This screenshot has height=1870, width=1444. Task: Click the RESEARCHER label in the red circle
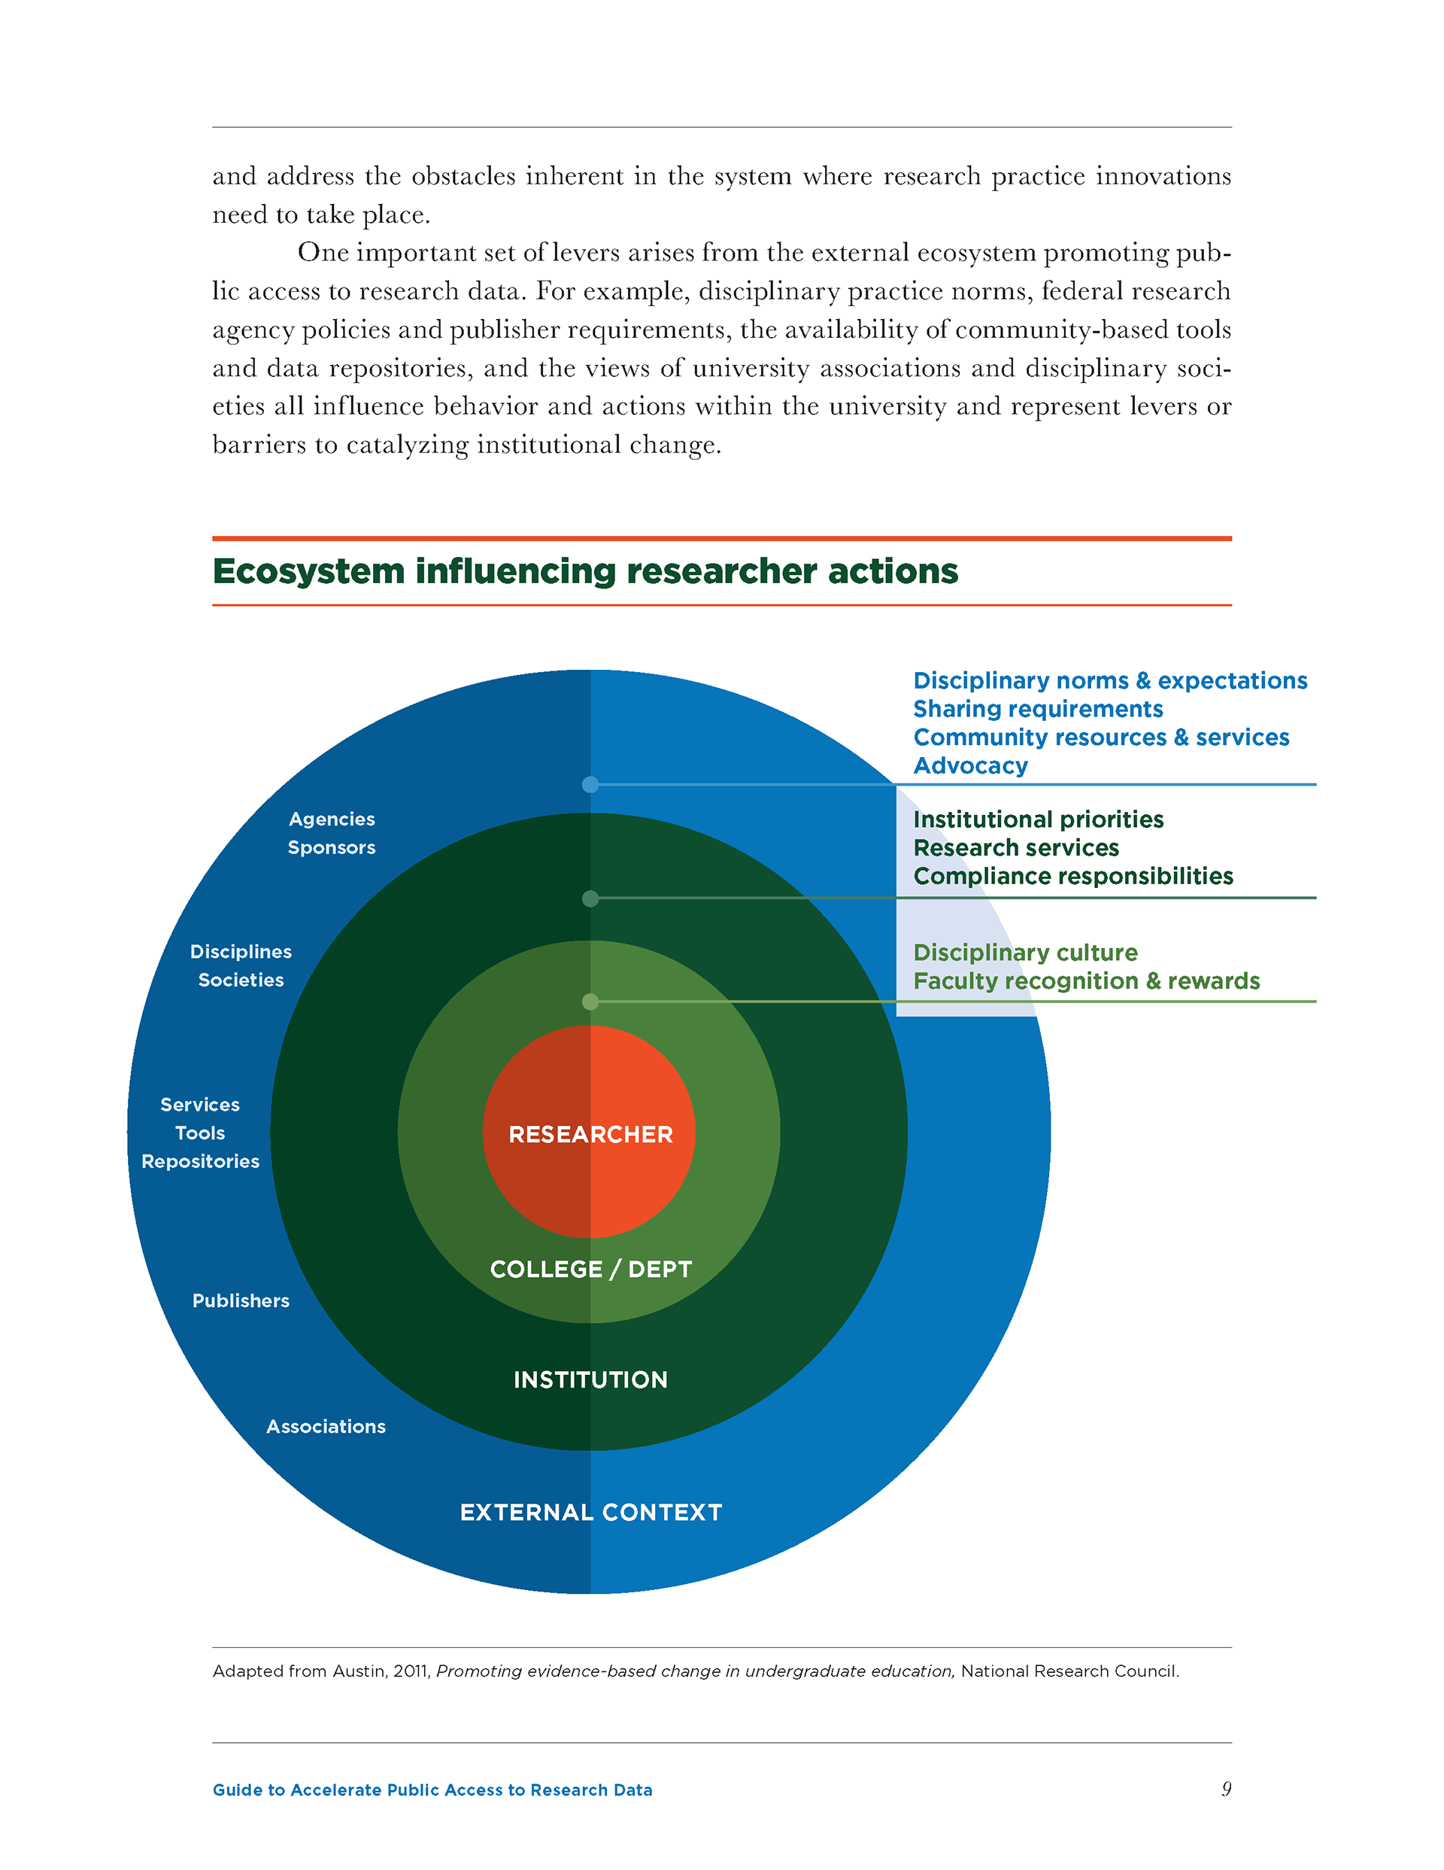point(590,1135)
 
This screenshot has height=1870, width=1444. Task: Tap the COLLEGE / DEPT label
point(590,1269)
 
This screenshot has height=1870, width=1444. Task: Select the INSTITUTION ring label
point(590,1379)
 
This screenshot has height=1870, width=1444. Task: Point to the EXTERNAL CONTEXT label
point(590,1512)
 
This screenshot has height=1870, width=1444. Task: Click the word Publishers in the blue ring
point(241,1300)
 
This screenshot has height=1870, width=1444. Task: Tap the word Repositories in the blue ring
point(200,1161)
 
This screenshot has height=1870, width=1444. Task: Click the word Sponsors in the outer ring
point(331,847)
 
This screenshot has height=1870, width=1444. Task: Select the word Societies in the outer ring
point(241,981)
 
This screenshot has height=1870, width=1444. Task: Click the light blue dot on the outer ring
point(590,784)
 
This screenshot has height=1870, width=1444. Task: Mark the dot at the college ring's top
point(590,1001)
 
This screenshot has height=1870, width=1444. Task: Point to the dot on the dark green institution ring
point(590,899)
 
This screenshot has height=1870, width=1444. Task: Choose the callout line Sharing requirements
point(1037,709)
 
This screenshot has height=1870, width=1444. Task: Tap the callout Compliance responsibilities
point(1072,876)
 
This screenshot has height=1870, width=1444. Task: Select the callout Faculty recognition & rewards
point(1086,981)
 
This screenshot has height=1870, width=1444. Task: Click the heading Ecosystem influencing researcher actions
point(584,571)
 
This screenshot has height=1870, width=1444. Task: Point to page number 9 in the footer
point(1226,1789)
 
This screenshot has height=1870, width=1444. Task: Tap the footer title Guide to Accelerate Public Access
point(432,1789)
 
